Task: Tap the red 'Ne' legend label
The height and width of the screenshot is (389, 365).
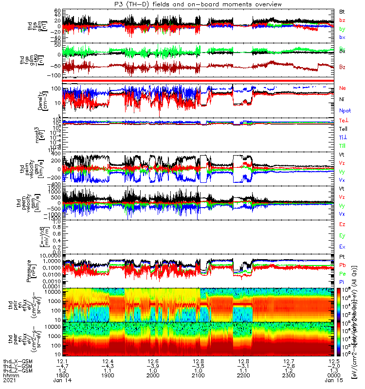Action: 342,88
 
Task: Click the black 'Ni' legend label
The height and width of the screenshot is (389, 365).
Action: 342,99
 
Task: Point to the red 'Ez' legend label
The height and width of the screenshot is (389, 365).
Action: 342,224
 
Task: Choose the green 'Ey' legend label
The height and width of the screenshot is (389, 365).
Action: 342,235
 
